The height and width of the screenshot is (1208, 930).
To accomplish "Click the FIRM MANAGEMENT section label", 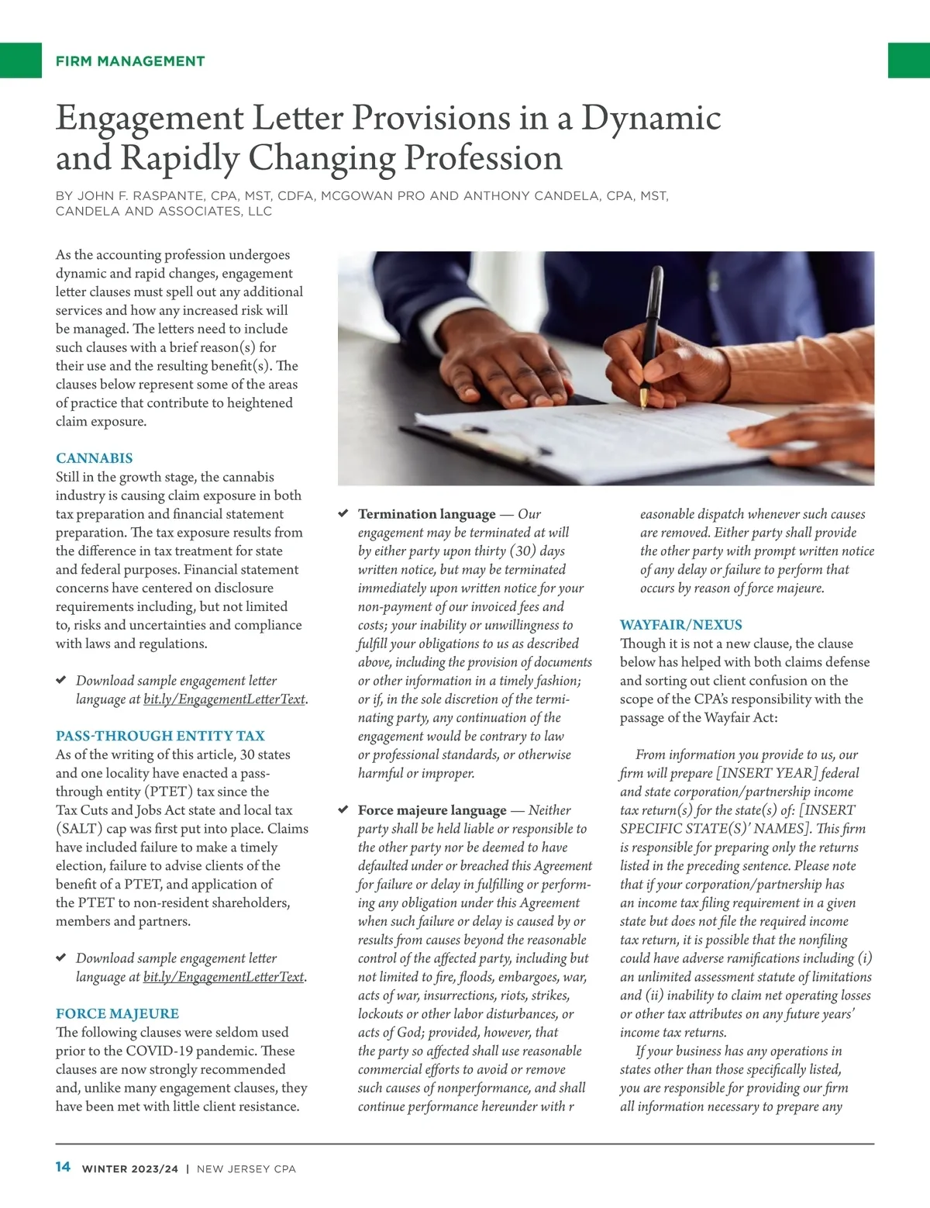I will coord(130,61).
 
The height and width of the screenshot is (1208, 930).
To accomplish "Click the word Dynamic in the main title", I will coord(651,118).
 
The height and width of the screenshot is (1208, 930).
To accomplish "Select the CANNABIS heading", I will coord(94,458).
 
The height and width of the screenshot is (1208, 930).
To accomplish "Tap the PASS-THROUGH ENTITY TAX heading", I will coord(160,736).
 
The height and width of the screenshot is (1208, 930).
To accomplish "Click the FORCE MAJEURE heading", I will coord(117,1013).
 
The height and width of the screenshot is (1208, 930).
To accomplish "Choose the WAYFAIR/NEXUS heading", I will coord(680,625).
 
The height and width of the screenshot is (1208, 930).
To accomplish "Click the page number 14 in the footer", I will coord(63,1167).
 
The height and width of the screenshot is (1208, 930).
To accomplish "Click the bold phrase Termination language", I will coord(426,514).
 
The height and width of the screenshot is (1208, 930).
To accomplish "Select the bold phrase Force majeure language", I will coord(432,810).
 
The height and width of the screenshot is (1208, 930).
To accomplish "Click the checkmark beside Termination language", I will coord(343,513).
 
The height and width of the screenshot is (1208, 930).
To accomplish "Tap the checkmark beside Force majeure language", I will coord(343,809).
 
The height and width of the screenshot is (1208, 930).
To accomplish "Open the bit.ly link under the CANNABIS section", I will coord(224,699).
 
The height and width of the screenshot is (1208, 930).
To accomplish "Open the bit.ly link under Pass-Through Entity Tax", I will coord(224,977).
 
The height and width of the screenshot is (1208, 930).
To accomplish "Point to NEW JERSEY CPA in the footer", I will coord(246,1168).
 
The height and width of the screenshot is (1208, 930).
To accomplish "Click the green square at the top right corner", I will coord(908,60).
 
